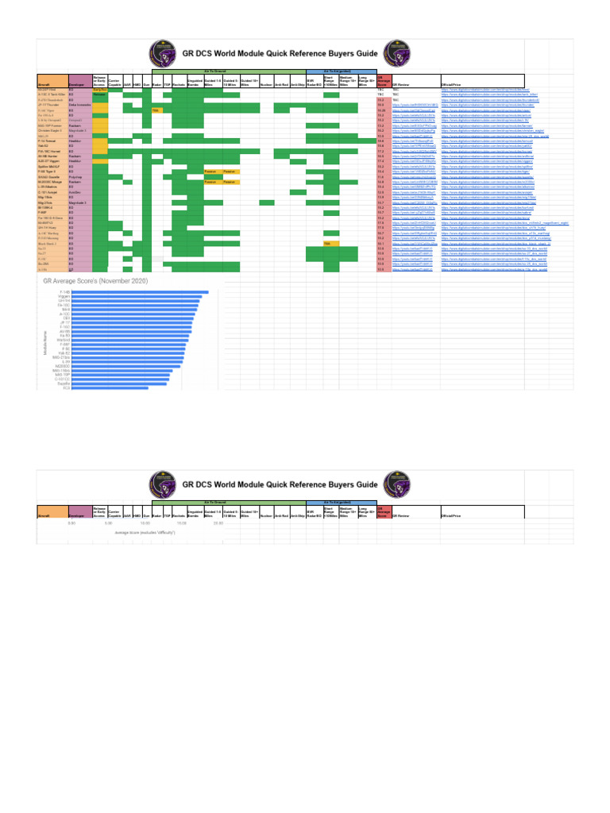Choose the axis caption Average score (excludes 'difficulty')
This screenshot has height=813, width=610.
point(145,532)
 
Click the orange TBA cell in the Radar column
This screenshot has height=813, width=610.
point(156,111)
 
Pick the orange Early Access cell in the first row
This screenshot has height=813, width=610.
point(100,91)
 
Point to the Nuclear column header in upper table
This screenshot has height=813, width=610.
point(265,83)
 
